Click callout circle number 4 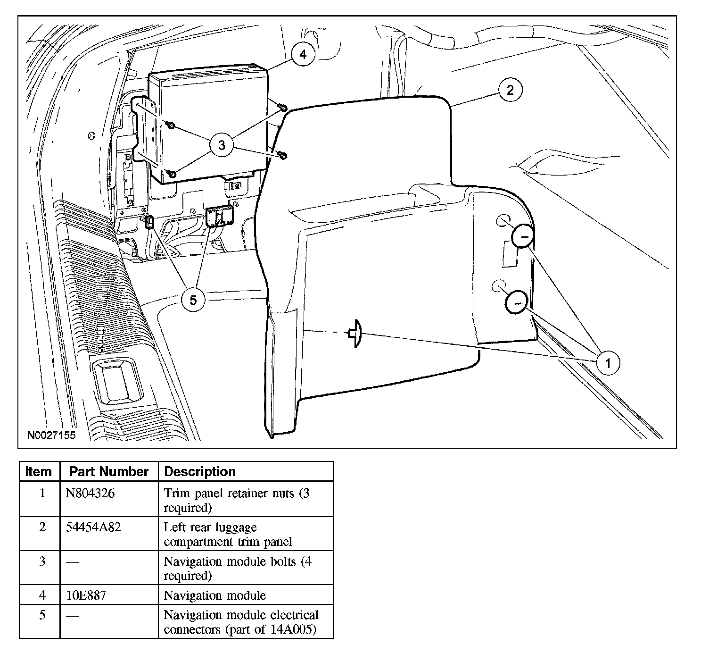click(303, 55)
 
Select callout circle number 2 click(510, 90)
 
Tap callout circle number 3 click(222, 145)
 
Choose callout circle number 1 click(608, 363)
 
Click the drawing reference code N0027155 click(51, 435)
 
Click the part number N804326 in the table click(90, 494)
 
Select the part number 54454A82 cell click(94, 527)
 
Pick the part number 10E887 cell click(87, 595)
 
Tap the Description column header click(200, 471)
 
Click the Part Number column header click(109, 471)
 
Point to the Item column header click(39, 471)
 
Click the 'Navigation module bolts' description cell click(238, 568)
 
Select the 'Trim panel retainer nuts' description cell click(237, 500)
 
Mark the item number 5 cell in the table click(42, 615)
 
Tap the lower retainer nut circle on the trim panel click(517, 302)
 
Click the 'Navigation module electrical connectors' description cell click(241, 622)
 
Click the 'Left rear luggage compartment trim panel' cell click(228, 534)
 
